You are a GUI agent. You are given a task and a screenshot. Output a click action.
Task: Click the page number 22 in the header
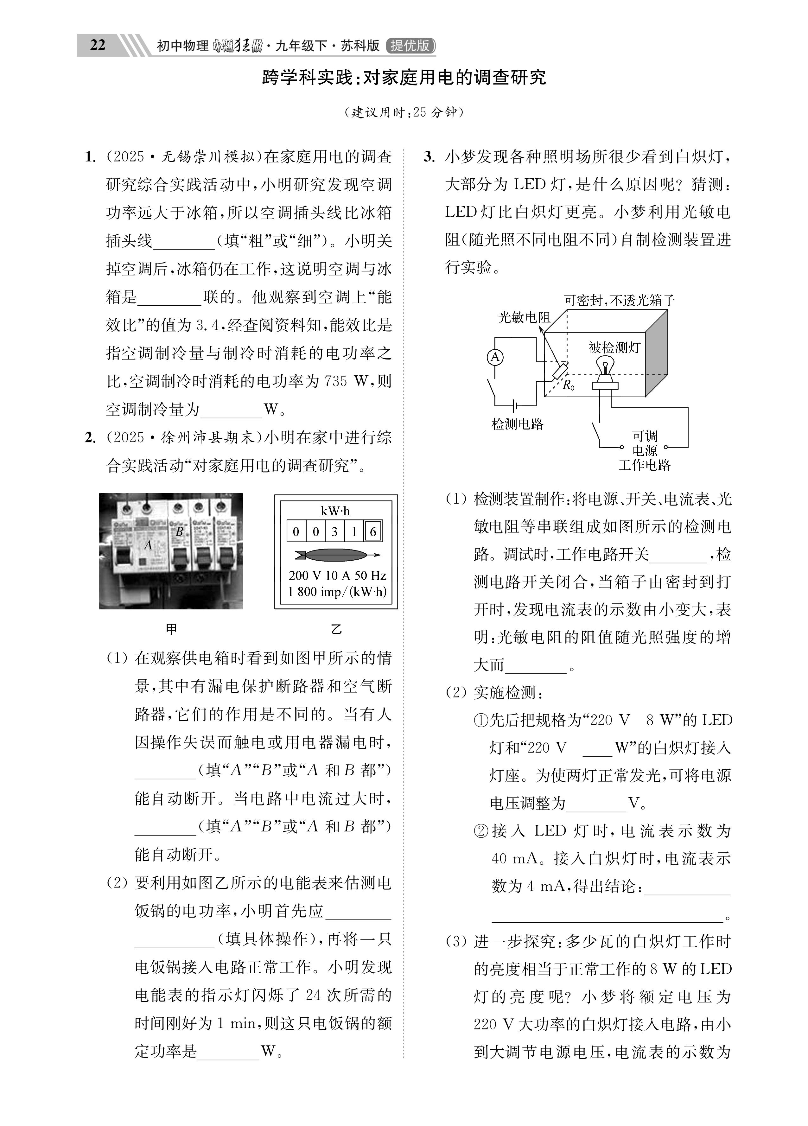pyautogui.click(x=98, y=45)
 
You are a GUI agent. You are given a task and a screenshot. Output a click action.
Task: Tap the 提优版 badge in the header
pyautogui.click(x=410, y=46)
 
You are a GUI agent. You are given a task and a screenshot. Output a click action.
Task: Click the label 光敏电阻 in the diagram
pyautogui.click(x=525, y=317)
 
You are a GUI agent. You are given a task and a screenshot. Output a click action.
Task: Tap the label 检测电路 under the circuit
pyautogui.click(x=518, y=423)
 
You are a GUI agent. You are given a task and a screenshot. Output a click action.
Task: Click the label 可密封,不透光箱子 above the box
pyautogui.click(x=619, y=300)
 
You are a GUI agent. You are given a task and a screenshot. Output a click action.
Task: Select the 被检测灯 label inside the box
pyautogui.click(x=615, y=347)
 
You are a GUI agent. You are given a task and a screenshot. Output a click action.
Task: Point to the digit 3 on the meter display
pyautogui.click(x=334, y=532)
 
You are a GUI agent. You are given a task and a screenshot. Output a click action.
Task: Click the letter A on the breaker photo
pyautogui.click(x=148, y=545)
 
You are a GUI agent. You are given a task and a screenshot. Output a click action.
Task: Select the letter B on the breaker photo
pyautogui.click(x=180, y=531)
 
